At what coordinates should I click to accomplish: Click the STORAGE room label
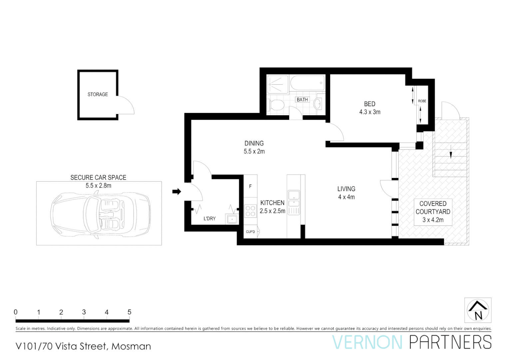click(x=98, y=94)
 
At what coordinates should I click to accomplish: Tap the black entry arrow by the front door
click(x=177, y=191)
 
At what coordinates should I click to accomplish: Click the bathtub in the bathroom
click(x=307, y=83)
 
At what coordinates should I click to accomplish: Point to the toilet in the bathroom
click(x=276, y=105)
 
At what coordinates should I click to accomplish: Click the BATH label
click(x=302, y=100)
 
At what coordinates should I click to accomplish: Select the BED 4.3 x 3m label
click(x=369, y=108)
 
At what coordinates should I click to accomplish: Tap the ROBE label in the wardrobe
click(x=422, y=101)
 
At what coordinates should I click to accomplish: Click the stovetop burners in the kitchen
click(x=250, y=211)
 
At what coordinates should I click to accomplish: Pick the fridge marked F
click(x=250, y=186)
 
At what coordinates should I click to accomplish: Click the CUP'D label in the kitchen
click(x=250, y=232)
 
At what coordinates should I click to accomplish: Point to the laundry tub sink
click(x=232, y=219)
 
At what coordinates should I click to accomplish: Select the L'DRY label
click(x=210, y=219)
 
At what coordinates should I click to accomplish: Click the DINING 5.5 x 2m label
click(x=254, y=147)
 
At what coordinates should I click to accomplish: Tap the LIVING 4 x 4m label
click(x=346, y=193)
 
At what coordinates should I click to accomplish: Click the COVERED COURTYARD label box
click(x=433, y=212)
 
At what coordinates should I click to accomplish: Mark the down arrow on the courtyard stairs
click(x=451, y=154)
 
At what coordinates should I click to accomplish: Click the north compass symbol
click(x=478, y=310)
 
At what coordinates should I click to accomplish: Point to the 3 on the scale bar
click(x=84, y=312)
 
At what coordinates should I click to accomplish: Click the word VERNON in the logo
click(x=367, y=343)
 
